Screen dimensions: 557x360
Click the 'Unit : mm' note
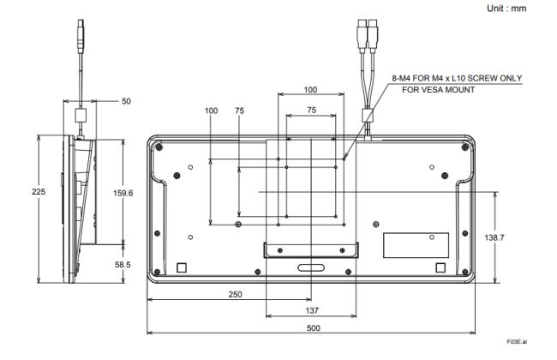pyautogui.click(x=506, y=9)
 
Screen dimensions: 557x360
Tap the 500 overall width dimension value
pyautogui.click(x=314, y=327)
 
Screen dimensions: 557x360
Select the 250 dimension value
pyautogui.click(x=235, y=294)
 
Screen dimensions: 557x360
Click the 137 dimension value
pyautogui.click(x=312, y=310)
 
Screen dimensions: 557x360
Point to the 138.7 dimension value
pyautogui.click(x=494, y=237)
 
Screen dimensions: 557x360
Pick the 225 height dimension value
pyautogui.click(x=39, y=192)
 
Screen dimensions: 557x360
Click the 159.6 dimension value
pyautogui.click(x=123, y=193)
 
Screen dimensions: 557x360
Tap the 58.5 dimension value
pyautogui.click(x=123, y=265)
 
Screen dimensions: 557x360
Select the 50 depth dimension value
pyautogui.click(x=126, y=101)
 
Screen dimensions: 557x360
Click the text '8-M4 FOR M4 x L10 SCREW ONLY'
pyautogui.click(x=457, y=78)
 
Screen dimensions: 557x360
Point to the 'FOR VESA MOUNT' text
pyautogui.click(x=438, y=89)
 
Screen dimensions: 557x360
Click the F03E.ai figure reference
pyautogui.click(x=517, y=341)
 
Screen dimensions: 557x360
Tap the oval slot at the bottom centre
pyautogui.click(x=311, y=268)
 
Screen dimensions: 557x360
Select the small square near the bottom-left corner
pyautogui.click(x=182, y=267)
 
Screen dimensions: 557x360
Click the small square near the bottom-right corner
pyautogui.click(x=440, y=267)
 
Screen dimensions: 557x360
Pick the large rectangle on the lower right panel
pyautogui.click(x=416, y=245)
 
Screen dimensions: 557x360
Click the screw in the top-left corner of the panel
pyautogui.click(x=159, y=147)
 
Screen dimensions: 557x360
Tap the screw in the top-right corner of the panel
pyautogui.click(x=464, y=147)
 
